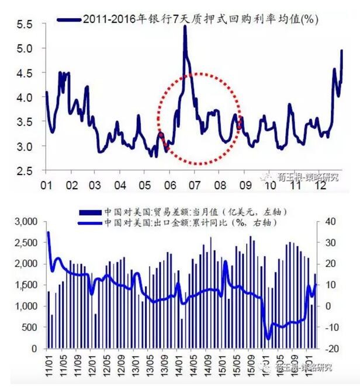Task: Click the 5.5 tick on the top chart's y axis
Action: [x=25, y=25]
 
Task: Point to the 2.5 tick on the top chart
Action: [x=25, y=170]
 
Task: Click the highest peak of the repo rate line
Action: [x=185, y=27]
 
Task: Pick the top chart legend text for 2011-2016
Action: [x=205, y=20]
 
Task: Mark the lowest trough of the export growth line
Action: [x=269, y=338]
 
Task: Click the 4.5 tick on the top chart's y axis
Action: [x=25, y=74]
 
